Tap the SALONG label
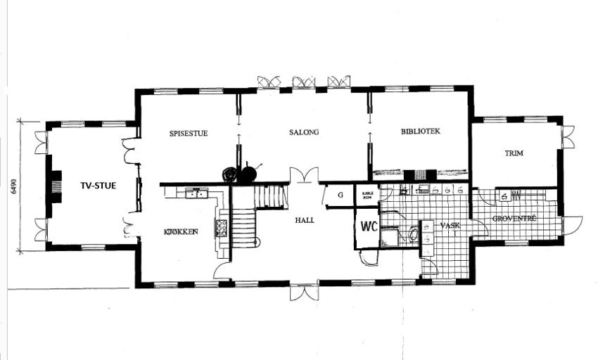pyautogui.click(x=304, y=132)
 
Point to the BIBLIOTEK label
pyautogui.click(x=420, y=131)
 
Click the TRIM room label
pyautogui.click(x=516, y=153)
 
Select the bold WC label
pyautogui.click(x=370, y=227)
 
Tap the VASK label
pyautogui.click(x=450, y=226)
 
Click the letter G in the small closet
pyautogui.click(x=339, y=195)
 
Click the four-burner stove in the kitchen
pyautogui.click(x=221, y=226)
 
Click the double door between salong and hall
pyautogui.click(x=304, y=175)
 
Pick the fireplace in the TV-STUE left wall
pyautogui.click(x=50, y=186)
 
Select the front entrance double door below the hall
pyautogui.click(x=304, y=291)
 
